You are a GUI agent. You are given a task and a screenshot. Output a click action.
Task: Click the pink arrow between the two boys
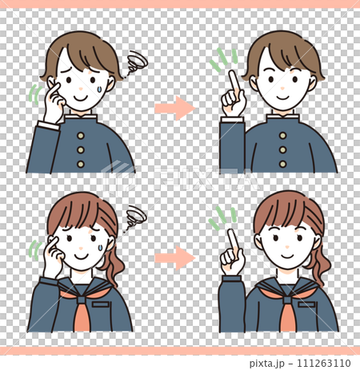[175, 108]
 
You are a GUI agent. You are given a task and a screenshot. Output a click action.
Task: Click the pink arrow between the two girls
[175, 257]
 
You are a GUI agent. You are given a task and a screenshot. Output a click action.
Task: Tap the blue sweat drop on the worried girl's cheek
[100, 248]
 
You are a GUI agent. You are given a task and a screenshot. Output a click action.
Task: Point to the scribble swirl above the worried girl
[135, 217]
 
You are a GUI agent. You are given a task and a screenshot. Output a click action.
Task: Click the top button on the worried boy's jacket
[81, 136]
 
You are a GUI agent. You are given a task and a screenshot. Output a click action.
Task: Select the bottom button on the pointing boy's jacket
[283, 164]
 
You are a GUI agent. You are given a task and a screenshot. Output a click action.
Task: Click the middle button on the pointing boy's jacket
[283, 150]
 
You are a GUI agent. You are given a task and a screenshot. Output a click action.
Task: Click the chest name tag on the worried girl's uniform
[101, 304]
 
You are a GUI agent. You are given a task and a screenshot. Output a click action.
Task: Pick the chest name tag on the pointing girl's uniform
[306, 304]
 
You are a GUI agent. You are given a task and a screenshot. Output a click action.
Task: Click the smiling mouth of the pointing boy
[283, 97]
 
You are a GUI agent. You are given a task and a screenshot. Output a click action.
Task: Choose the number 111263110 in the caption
[324, 363]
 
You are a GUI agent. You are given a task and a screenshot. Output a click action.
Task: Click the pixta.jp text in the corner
[267, 363]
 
